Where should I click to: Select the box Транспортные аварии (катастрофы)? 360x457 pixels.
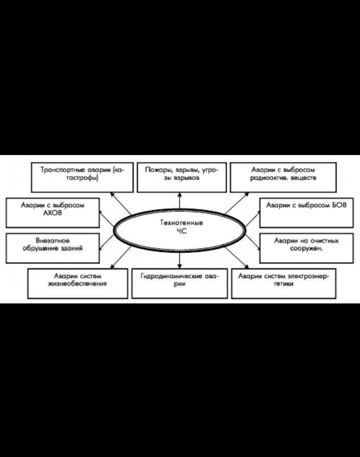pos(82,176)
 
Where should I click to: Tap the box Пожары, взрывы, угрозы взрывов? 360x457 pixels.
pos(182,176)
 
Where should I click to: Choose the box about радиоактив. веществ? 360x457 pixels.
pos(284,176)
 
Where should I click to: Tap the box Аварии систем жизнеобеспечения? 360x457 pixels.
pos(78,283)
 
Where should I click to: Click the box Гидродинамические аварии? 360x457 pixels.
pos(179,283)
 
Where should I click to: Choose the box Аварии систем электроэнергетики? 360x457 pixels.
pos(284,283)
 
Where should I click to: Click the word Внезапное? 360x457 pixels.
pos(53,240)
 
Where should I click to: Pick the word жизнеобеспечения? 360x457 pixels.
pos(77,284)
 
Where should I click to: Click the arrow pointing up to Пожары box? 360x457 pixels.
pos(179,200)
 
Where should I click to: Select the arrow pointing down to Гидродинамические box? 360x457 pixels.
pos(179,260)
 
